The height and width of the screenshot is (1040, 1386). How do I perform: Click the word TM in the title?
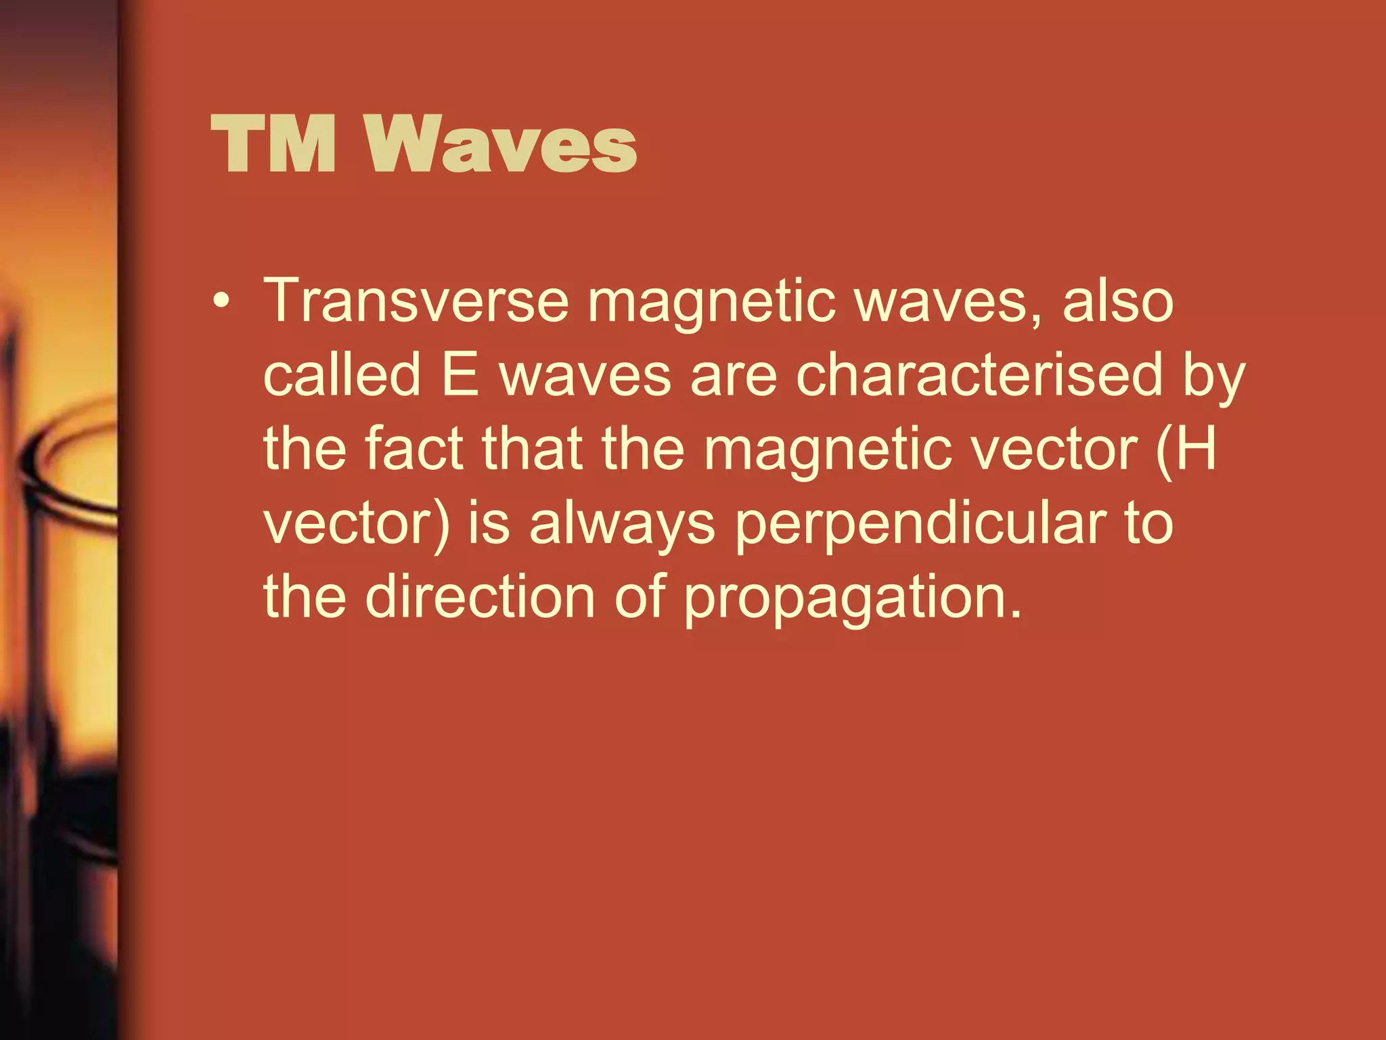(x=273, y=144)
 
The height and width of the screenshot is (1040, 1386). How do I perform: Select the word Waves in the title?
(x=501, y=144)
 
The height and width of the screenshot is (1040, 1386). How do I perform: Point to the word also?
(x=1117, y=301)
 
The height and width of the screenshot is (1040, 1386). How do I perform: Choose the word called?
(x=342, y=374)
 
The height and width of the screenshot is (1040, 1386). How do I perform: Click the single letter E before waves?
(x=460, y=374)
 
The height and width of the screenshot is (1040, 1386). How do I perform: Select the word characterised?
(x=979, y=374)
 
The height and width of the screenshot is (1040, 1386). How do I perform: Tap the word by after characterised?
(x=1214, y=379)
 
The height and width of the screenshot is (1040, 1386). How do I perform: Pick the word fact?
(x=414, y=448)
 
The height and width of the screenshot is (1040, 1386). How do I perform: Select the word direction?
(x=480, y=597)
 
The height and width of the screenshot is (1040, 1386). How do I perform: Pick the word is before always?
(x=489, y=523)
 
